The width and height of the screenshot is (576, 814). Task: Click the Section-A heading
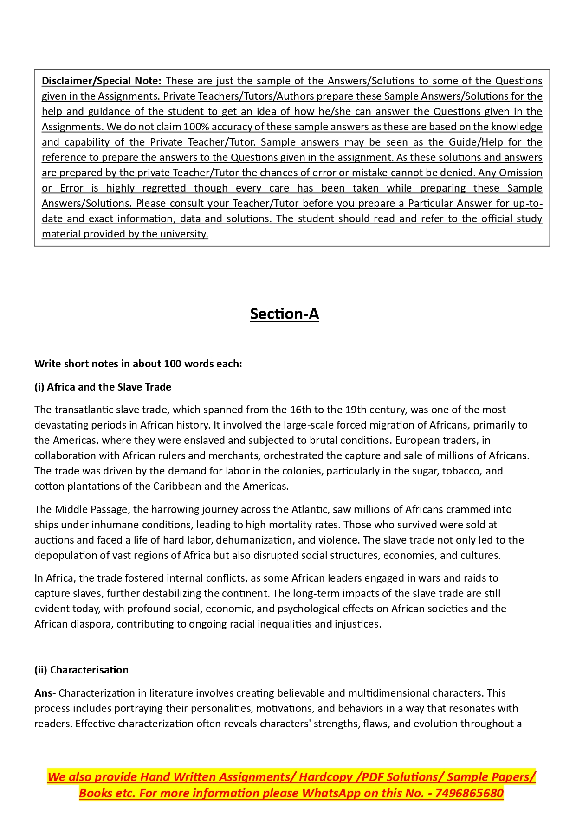[284, 314]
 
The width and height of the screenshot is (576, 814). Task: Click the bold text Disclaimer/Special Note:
[101, 81]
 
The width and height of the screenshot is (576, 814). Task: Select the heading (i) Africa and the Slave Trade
[103, 387]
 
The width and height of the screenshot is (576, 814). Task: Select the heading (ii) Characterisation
[81, 670]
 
